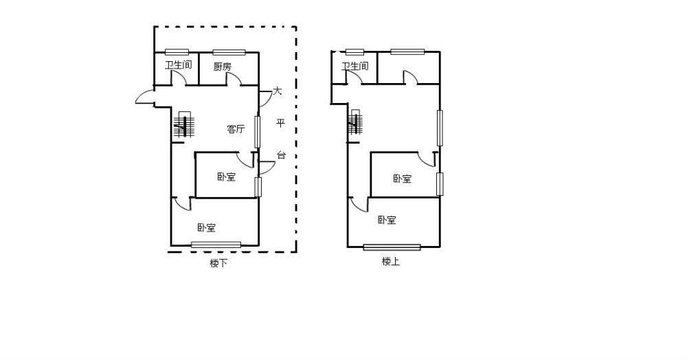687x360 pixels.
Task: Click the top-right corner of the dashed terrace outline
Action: (x=296, y=27)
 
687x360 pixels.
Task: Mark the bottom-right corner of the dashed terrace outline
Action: (x=296, y=252)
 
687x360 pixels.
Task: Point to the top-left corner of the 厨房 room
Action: (x=200, y=52)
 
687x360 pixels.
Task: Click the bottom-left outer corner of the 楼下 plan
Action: (x=171, y=246)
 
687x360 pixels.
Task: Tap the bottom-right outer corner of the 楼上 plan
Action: (x=440, y=247)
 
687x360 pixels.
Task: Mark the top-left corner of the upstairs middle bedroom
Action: (x=371, y=153)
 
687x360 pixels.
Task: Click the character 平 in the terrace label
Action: (x=280, y=123)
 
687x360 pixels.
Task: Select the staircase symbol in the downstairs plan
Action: (x=184, y=125)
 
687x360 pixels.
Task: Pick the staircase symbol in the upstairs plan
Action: (x=355, y=122)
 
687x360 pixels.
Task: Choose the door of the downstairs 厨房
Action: (x=234, y=79)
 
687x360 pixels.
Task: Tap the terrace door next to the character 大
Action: (x=265, y=99)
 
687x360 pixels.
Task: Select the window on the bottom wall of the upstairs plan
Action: (x=392, y=247)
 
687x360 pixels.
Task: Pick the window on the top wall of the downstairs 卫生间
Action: (x=177, y=52)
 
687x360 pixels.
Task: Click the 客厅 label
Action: (x=236, y=129)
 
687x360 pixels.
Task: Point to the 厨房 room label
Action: (x=223, y=67)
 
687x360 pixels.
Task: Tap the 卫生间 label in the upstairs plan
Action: (x=355, y=66)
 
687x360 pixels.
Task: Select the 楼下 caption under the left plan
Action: (x=218, y=263)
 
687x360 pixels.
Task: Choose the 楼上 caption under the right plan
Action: (x=391, y=262)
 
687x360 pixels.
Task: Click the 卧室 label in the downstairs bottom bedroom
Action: (x=206, y=227)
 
